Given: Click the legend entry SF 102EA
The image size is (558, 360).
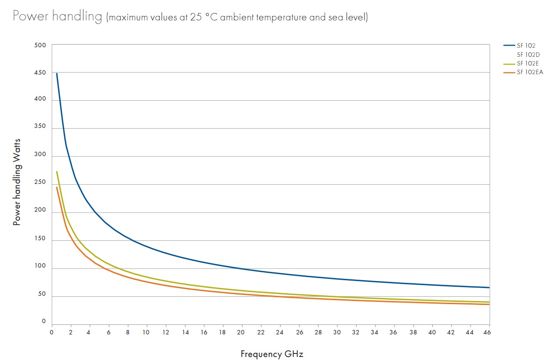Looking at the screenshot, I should (x=530, y=72).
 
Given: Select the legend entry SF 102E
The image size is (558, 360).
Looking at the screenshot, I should (x=528, y=63).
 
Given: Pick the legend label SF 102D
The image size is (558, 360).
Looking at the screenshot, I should (x=528, y=55).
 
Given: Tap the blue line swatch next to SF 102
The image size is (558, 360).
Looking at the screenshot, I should (x=509, y=45).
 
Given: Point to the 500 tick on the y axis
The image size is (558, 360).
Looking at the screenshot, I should (x=40, y=45).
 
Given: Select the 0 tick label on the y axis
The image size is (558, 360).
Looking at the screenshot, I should (x=43, y=321).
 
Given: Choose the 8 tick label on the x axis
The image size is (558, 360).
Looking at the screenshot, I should (x=128, y=332).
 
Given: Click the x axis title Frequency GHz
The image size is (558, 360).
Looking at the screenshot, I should (x=272, y=354).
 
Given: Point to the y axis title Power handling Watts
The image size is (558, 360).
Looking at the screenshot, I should (x=17, y=182).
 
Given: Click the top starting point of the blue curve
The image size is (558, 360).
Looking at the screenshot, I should (x=56, y=73).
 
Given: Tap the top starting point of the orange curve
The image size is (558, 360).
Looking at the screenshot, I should (x=56, y=187).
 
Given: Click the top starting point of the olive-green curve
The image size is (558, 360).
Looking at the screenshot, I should (x=56, y=171).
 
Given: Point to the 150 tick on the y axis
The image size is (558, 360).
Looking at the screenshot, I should (x=40, y=241).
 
